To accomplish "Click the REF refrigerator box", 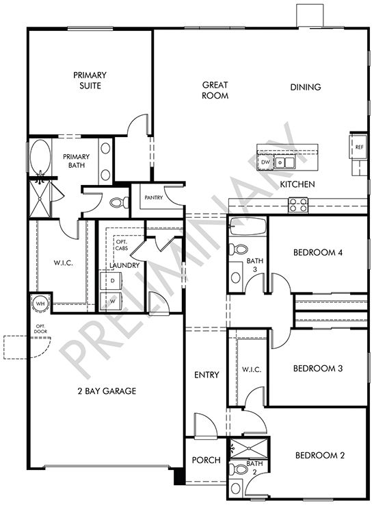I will click(358, 147).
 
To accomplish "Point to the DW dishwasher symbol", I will click(266, 162).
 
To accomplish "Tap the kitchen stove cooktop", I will click(298, 204).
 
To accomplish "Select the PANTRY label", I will click(152, 198).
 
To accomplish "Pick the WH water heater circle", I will click(40, 303).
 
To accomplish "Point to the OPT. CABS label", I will click(122, 245).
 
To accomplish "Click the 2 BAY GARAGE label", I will click(107, 391).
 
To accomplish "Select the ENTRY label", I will click(206, 375).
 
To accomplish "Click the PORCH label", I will click(206, 460).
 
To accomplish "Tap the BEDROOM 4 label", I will click(317, 253).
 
